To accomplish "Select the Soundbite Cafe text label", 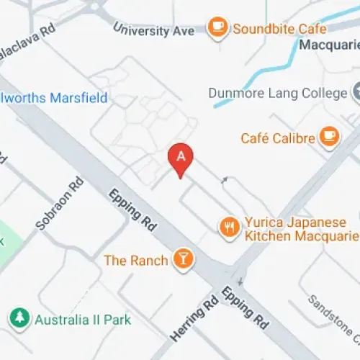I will pos(279,29).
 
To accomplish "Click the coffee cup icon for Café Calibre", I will pos(330,137).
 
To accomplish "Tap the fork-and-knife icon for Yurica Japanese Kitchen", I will pos(229,228).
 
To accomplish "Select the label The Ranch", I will pos(136,260).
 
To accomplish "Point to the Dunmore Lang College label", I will pos(276,93).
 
